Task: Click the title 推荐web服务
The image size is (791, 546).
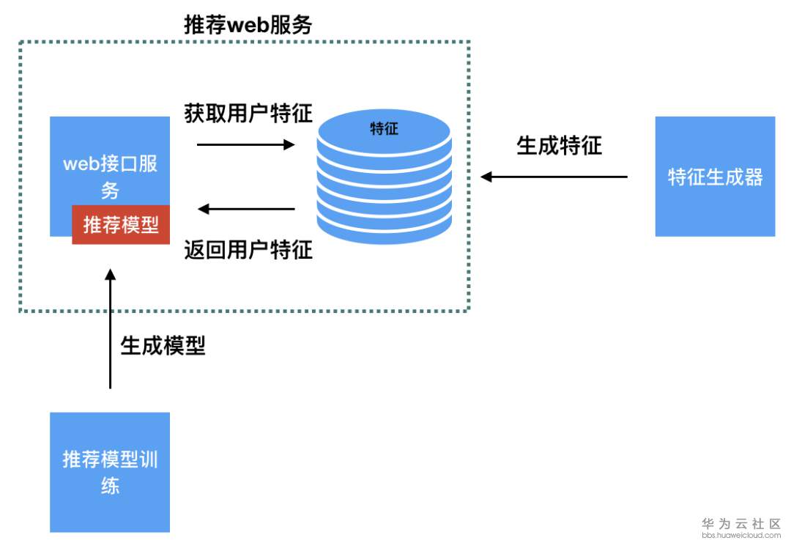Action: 248,26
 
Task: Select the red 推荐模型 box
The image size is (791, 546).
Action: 121,225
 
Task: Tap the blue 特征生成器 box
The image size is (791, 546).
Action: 715,177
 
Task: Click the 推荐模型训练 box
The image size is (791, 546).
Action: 110,472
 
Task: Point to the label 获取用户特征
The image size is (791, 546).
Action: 248,114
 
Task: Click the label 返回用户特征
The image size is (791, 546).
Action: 248,251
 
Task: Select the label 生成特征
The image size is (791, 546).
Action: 559,146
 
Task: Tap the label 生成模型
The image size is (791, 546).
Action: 163,346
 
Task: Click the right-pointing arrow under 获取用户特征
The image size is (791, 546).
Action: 245,145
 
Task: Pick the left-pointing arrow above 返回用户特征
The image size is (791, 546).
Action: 247,210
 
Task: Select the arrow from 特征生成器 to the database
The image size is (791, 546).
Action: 554,177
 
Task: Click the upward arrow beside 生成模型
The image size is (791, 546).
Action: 111,330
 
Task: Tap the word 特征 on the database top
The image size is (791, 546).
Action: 384,129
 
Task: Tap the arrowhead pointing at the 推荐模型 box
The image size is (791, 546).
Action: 111,274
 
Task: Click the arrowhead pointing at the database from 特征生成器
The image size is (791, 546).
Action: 486,177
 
